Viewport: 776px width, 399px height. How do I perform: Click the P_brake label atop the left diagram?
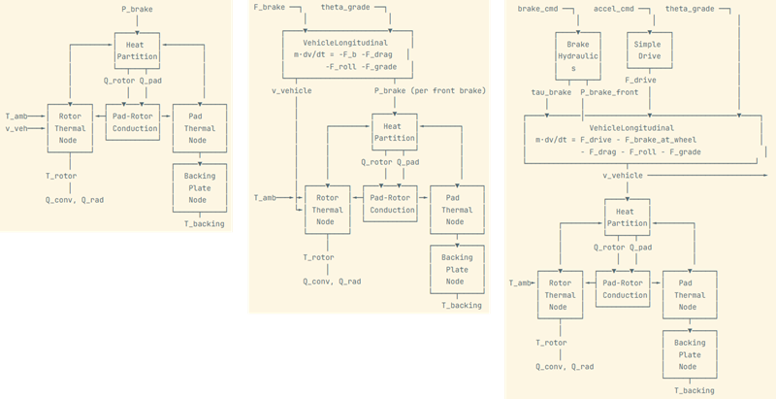pos(136,9)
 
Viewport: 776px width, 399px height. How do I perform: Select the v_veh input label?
pos(18,128)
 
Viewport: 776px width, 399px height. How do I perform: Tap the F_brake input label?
pos(269,9)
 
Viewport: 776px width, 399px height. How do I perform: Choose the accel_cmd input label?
pos(613,9)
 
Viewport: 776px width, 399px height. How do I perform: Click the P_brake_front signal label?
pos(609,92)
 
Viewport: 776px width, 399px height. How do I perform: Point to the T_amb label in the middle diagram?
pos(264,197)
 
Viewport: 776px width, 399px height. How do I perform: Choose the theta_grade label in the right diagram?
pos(691,9)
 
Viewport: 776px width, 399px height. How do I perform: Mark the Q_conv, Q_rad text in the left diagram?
pos(75,200)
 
